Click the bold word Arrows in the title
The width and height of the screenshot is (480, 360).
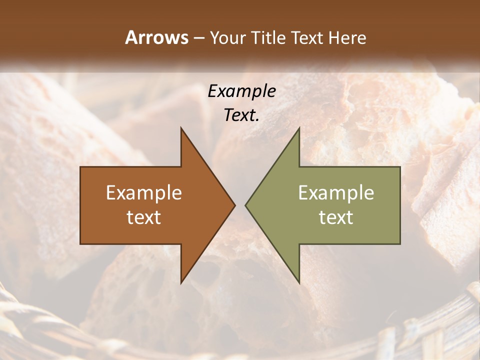157,37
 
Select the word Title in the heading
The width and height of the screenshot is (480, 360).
269,38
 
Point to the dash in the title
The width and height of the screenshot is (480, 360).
198,38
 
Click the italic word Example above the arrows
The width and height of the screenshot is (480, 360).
241,91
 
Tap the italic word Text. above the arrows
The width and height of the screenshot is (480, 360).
241,115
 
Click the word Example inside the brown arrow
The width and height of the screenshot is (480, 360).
144,192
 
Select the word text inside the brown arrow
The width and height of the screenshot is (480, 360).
144,217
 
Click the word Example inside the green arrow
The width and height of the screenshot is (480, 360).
336,192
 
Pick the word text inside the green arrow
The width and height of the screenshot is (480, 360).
336,217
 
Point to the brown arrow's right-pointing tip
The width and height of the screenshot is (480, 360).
234,205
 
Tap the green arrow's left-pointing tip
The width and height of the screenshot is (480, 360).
246,205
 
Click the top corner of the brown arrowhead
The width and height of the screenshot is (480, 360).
181,128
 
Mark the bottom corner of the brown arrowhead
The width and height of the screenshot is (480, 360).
181,282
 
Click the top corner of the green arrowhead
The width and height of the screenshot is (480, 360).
299,128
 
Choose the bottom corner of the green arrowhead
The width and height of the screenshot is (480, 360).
299,282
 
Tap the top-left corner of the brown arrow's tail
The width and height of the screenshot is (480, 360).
81,167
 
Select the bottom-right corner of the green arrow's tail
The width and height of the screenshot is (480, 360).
399,243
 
